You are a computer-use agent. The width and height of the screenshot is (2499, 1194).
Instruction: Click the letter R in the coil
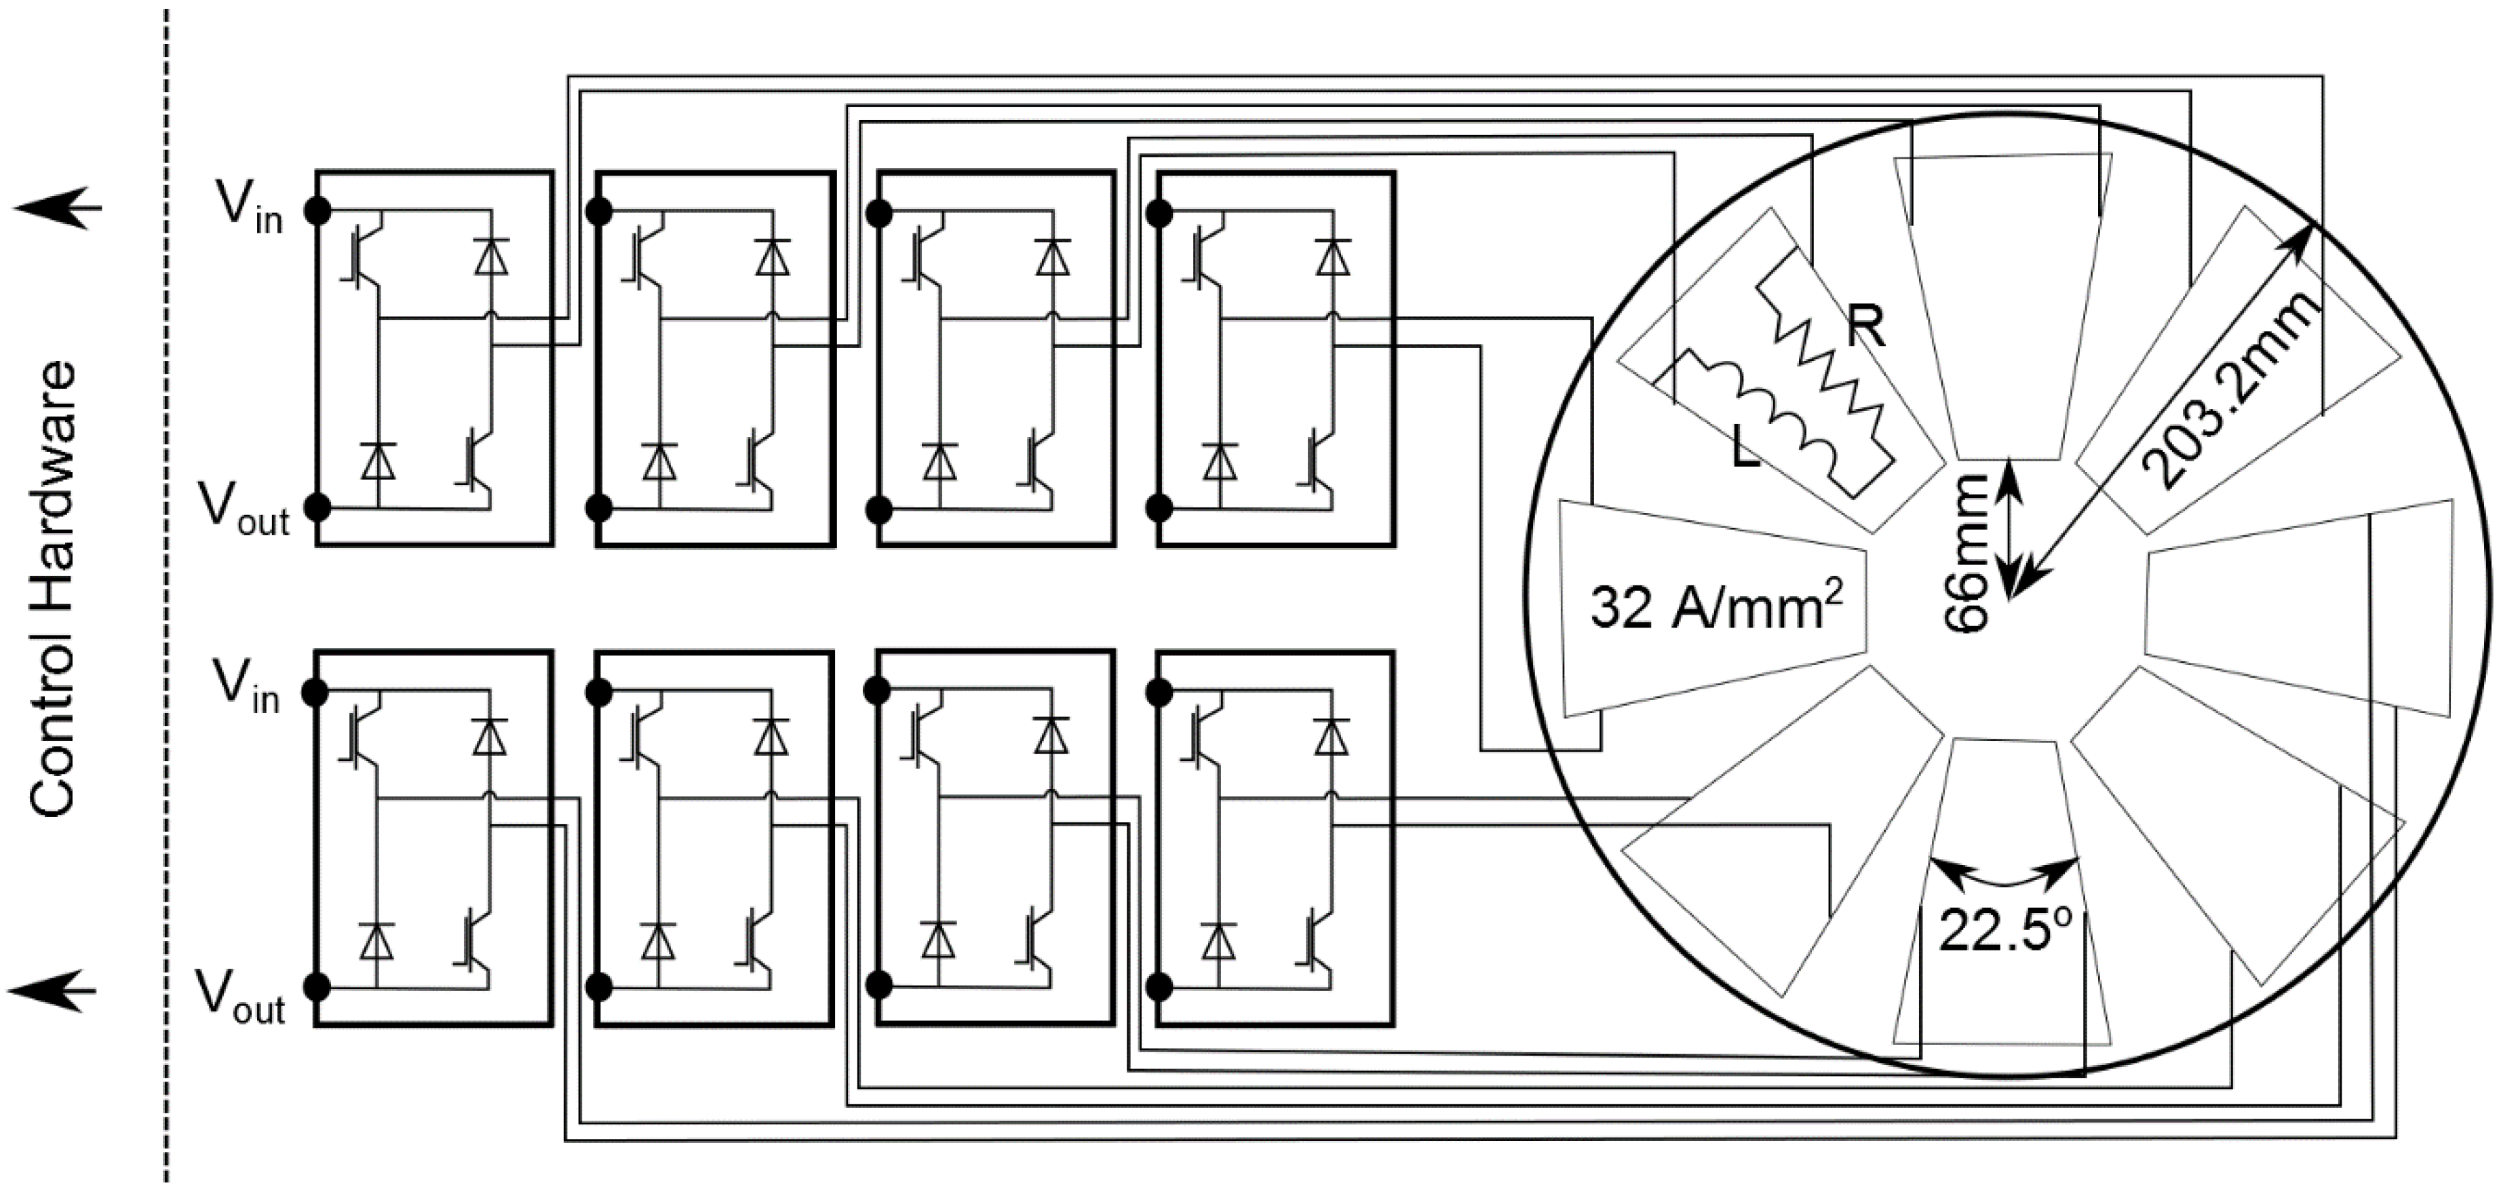coord(1865,327)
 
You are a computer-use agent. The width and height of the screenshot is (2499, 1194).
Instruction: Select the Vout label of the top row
coord(244,510)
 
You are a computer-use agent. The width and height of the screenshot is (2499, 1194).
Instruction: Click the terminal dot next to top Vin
coord(317,210)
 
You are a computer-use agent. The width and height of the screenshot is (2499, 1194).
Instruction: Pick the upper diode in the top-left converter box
coord(492,257)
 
